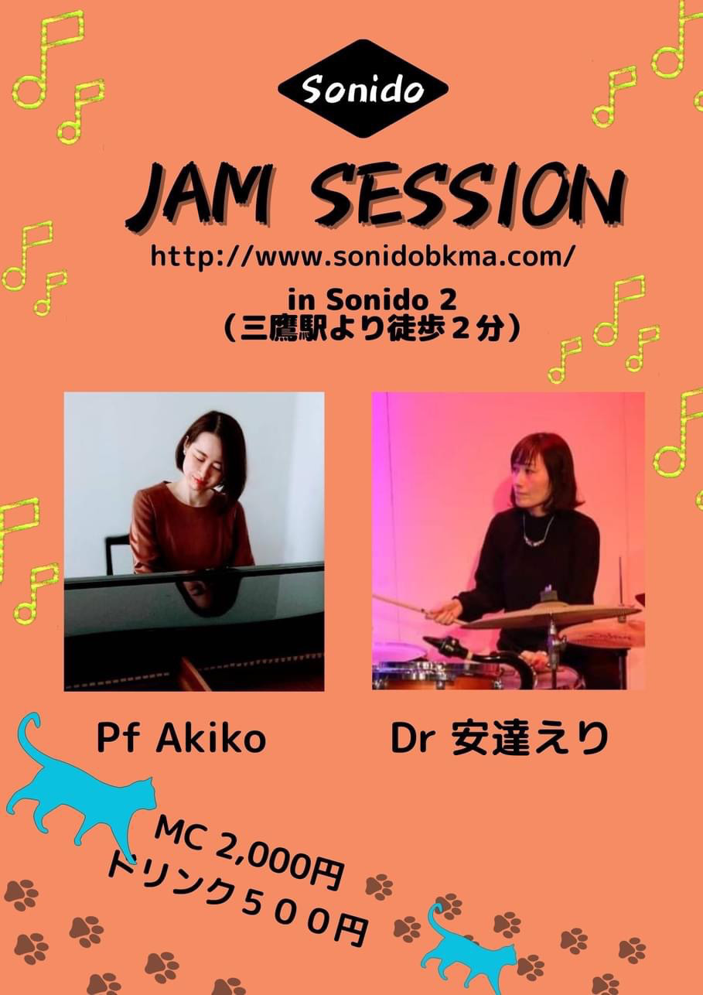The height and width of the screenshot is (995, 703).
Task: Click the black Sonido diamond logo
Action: [x=363, y=89]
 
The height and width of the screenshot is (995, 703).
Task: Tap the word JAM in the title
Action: [x=199, y=196]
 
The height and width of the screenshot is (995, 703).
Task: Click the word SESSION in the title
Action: [x=468, y=196]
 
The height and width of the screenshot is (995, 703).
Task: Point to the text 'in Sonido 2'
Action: [x=372, y=301]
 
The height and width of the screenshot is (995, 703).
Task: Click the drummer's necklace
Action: [x=539, y=532]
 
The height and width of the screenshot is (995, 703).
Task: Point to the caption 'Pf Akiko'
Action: [x=181, y=739]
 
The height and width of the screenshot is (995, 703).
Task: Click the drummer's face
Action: [x=527, y=481]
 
